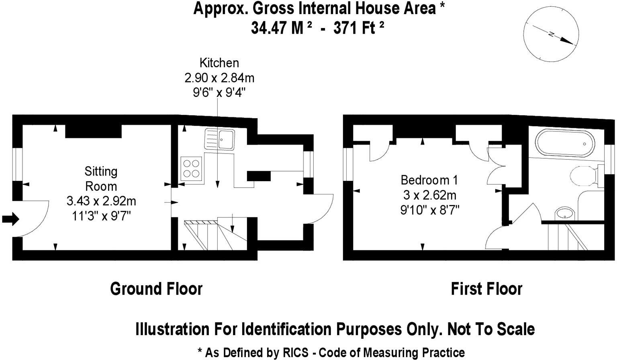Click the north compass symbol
point(551,35)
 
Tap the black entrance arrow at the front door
point(10,219)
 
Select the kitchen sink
point(220,139)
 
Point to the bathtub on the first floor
point(565,144)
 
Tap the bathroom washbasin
point(566,213)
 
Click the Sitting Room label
point(101,179)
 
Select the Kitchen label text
point(219,63)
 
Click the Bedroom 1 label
point(429,180)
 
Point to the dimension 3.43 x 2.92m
point(101,201)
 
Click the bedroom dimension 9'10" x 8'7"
point(429,210)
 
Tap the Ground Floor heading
point(156,289)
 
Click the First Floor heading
point(486,289)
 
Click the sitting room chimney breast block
point(93,131)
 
